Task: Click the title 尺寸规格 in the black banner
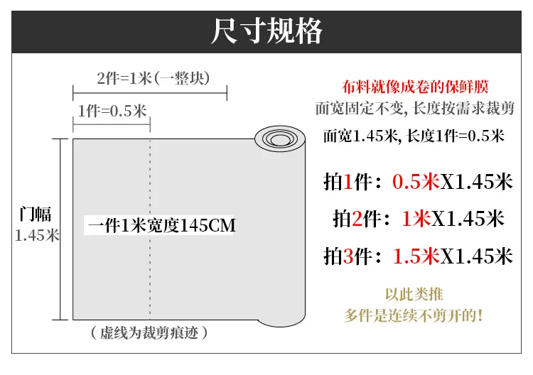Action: [x=266, y=31]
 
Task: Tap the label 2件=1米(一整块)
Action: [x=153, y=78]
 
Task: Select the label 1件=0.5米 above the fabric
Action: [x=112, y=111]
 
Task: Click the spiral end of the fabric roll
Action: [x=280, y=138]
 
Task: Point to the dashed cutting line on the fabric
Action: [x=150, y=229]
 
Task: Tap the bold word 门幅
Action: [x=36, y=214]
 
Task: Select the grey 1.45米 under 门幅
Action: [x=37, y=235]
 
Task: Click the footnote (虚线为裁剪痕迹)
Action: [x=149, y=333]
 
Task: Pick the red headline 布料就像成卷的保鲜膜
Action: [x=415, y=87]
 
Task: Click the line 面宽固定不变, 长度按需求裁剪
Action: [x=415, y=109]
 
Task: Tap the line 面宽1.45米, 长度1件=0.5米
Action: [x=414, y=136]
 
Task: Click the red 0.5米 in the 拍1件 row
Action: [x=416, y=182]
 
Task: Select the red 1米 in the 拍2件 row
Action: [x=416, y=219]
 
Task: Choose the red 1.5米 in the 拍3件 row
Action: [x=416, y=256]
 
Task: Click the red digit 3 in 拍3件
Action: [x=348, y=256]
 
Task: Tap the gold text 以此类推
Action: [x=414, y=295]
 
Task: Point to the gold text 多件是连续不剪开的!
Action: [x=414, y=316]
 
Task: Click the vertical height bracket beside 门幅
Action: [x=60, y=229]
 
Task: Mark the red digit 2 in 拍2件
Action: [x=357, y=219]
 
